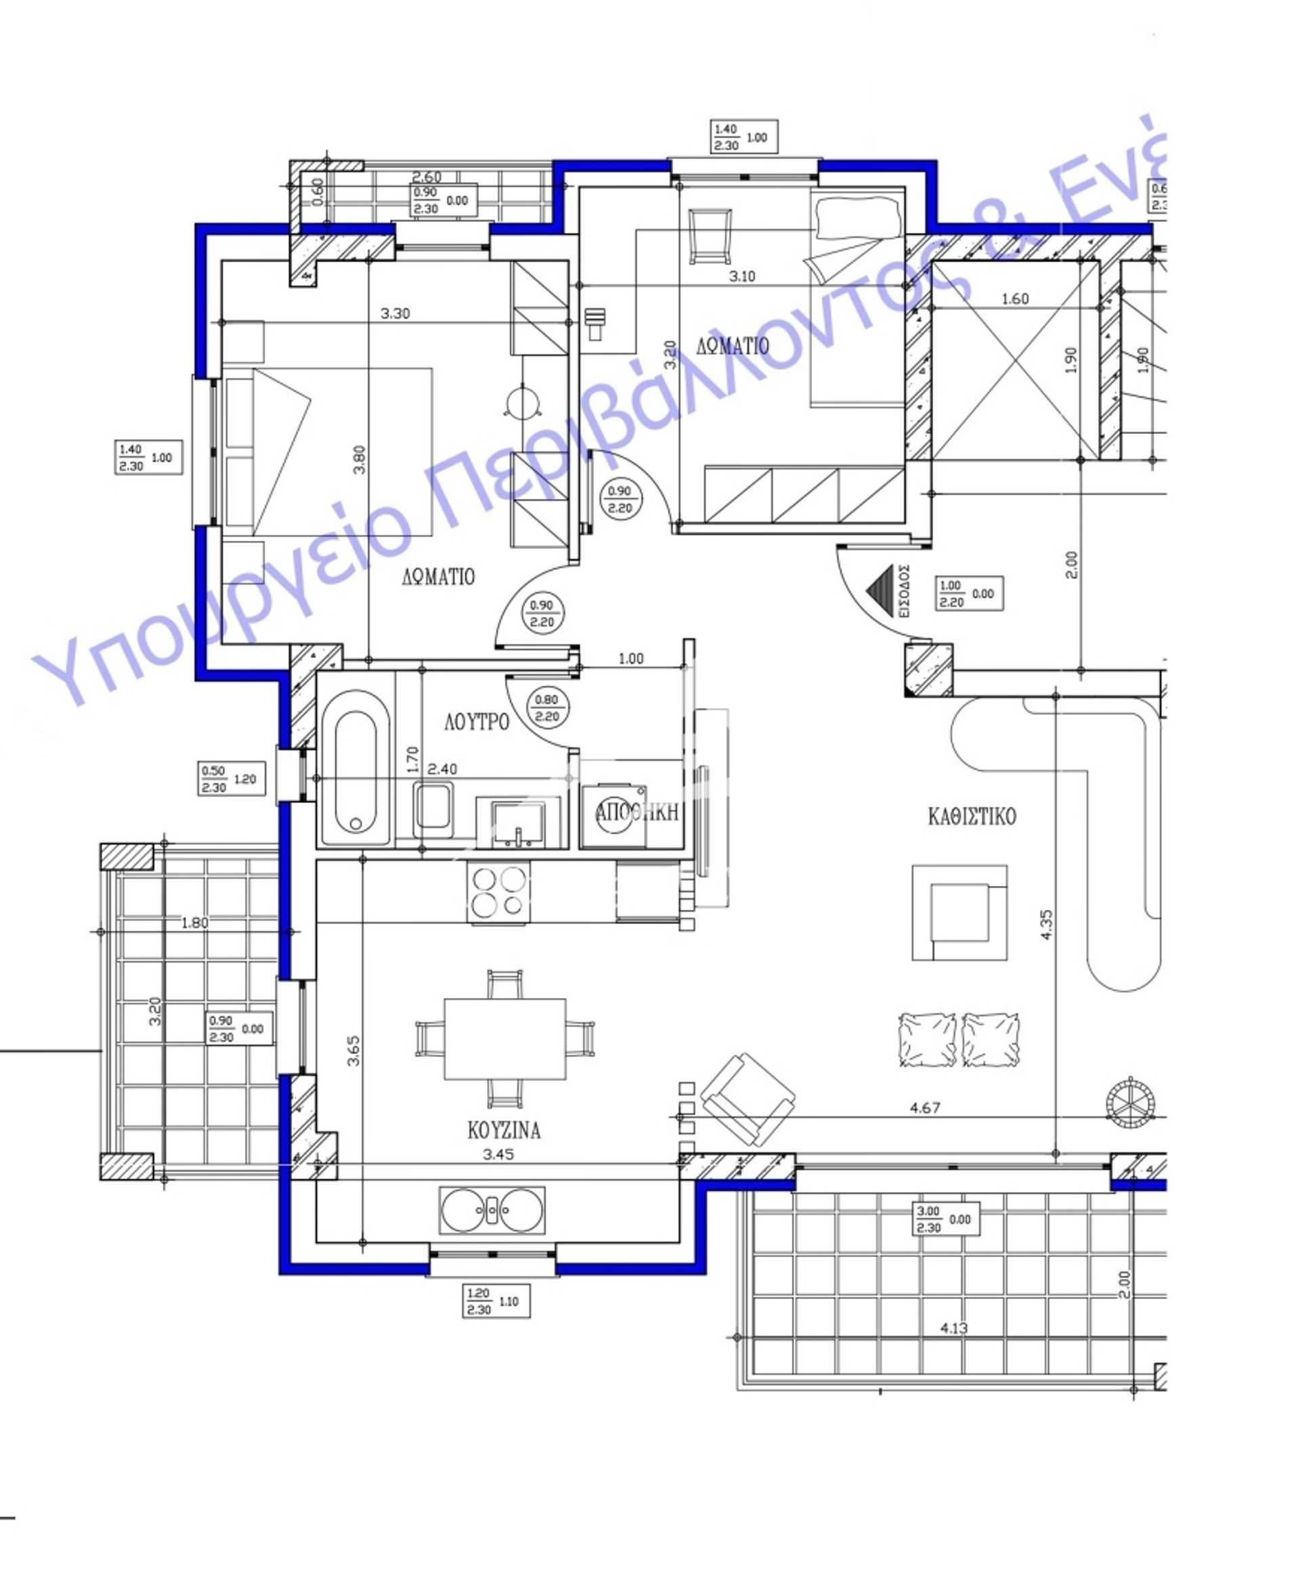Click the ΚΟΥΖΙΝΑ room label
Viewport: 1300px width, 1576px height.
click(503, 1130)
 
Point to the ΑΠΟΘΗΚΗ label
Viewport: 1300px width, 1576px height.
click(636, 812)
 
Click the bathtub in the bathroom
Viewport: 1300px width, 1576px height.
click(355, 769)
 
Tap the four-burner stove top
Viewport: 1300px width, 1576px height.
click(498, 892)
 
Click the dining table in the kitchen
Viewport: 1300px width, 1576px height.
click(504, 1039)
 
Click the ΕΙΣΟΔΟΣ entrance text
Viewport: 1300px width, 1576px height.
click(904, 590)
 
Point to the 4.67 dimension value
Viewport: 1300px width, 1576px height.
click(925, 1108)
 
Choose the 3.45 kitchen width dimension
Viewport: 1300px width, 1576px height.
click(498, 1154)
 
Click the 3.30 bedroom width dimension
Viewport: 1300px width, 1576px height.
click(395, 313)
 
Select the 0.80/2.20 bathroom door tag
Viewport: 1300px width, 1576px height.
click(546, 707)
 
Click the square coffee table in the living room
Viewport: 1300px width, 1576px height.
click(959, 912)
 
